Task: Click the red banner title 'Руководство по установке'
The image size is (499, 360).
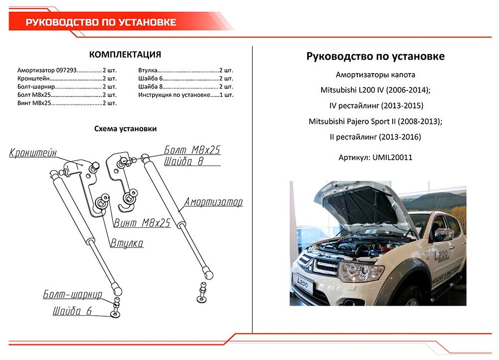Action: tap(101, 22)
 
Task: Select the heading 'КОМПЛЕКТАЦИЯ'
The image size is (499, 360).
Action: tap(125, 55)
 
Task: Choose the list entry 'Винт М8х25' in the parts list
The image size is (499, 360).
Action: tap(34, 103)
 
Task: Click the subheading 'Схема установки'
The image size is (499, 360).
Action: tap(125, 129)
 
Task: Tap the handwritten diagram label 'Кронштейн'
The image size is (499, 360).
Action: tap(33, 153)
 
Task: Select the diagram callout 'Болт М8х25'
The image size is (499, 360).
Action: tap(192, 150)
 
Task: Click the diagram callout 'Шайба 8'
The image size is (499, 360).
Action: tap(183, 161)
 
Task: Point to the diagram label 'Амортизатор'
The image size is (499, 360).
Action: tap(213, 202)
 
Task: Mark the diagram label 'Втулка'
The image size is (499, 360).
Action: tap(127, 243)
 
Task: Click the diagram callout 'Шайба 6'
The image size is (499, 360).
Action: tap(73, 312)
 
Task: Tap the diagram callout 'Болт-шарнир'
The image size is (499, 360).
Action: tap(73, 294)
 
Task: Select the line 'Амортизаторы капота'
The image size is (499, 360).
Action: tap(375, 75)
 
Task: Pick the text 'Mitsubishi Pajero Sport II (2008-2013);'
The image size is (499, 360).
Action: tap(375, 121)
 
